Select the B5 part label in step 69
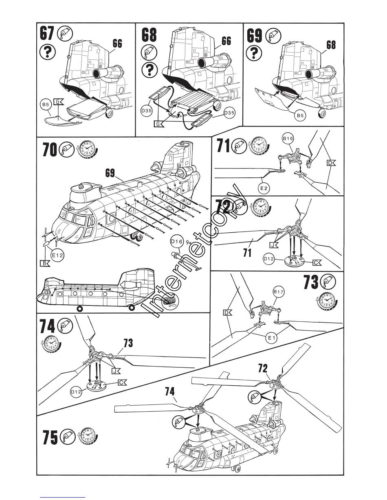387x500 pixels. point(300,116)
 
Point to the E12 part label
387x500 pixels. point(57,255)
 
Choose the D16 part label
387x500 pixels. point(177,242)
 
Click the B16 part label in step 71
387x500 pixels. point(288,139)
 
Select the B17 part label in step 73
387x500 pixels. point(278,292)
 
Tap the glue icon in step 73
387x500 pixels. point(328,281)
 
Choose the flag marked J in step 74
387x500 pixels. point(116,371)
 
